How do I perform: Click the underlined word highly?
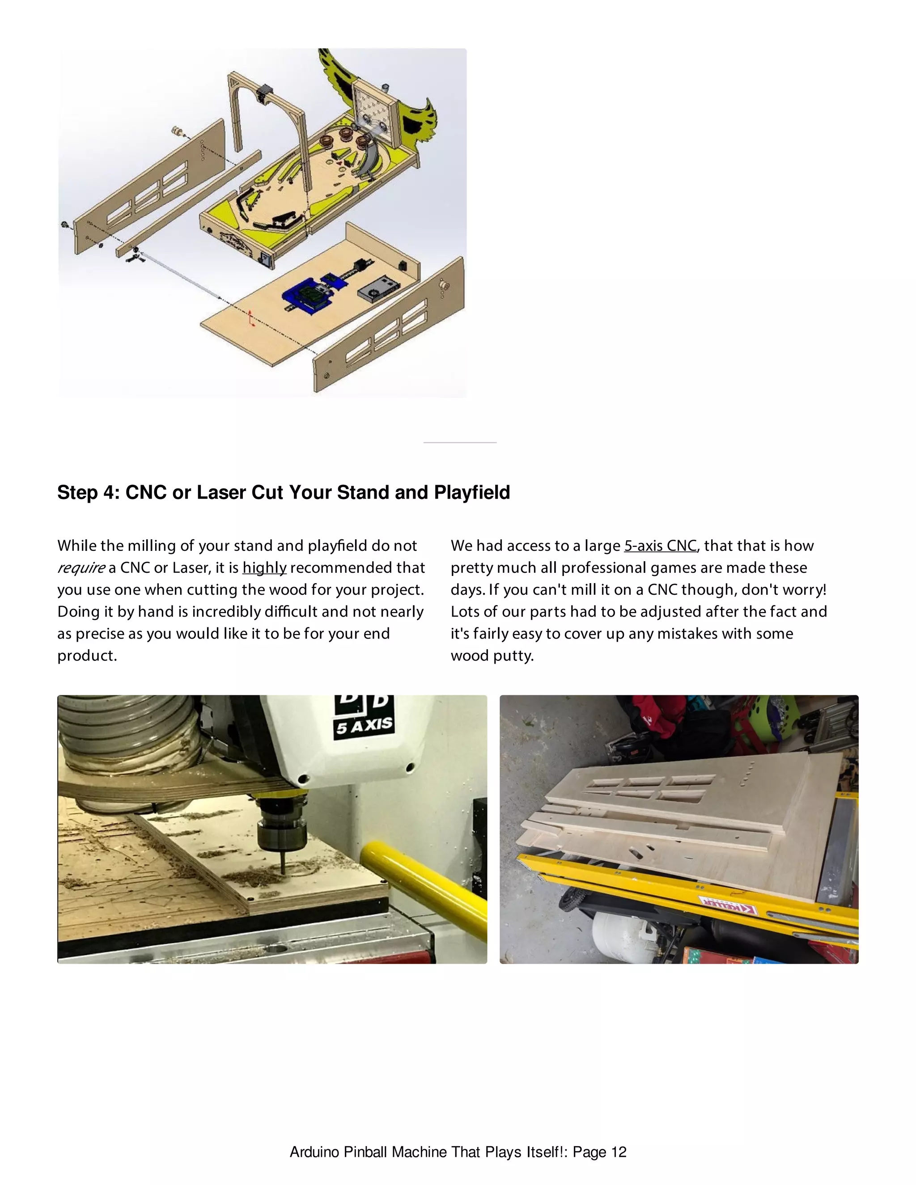(x=264, y=567)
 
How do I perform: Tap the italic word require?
(x=81, y=568)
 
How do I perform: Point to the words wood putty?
(x=492, y=656)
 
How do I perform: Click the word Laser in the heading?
(x=221, y=492)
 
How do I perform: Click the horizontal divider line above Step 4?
(x=460, y=443)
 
